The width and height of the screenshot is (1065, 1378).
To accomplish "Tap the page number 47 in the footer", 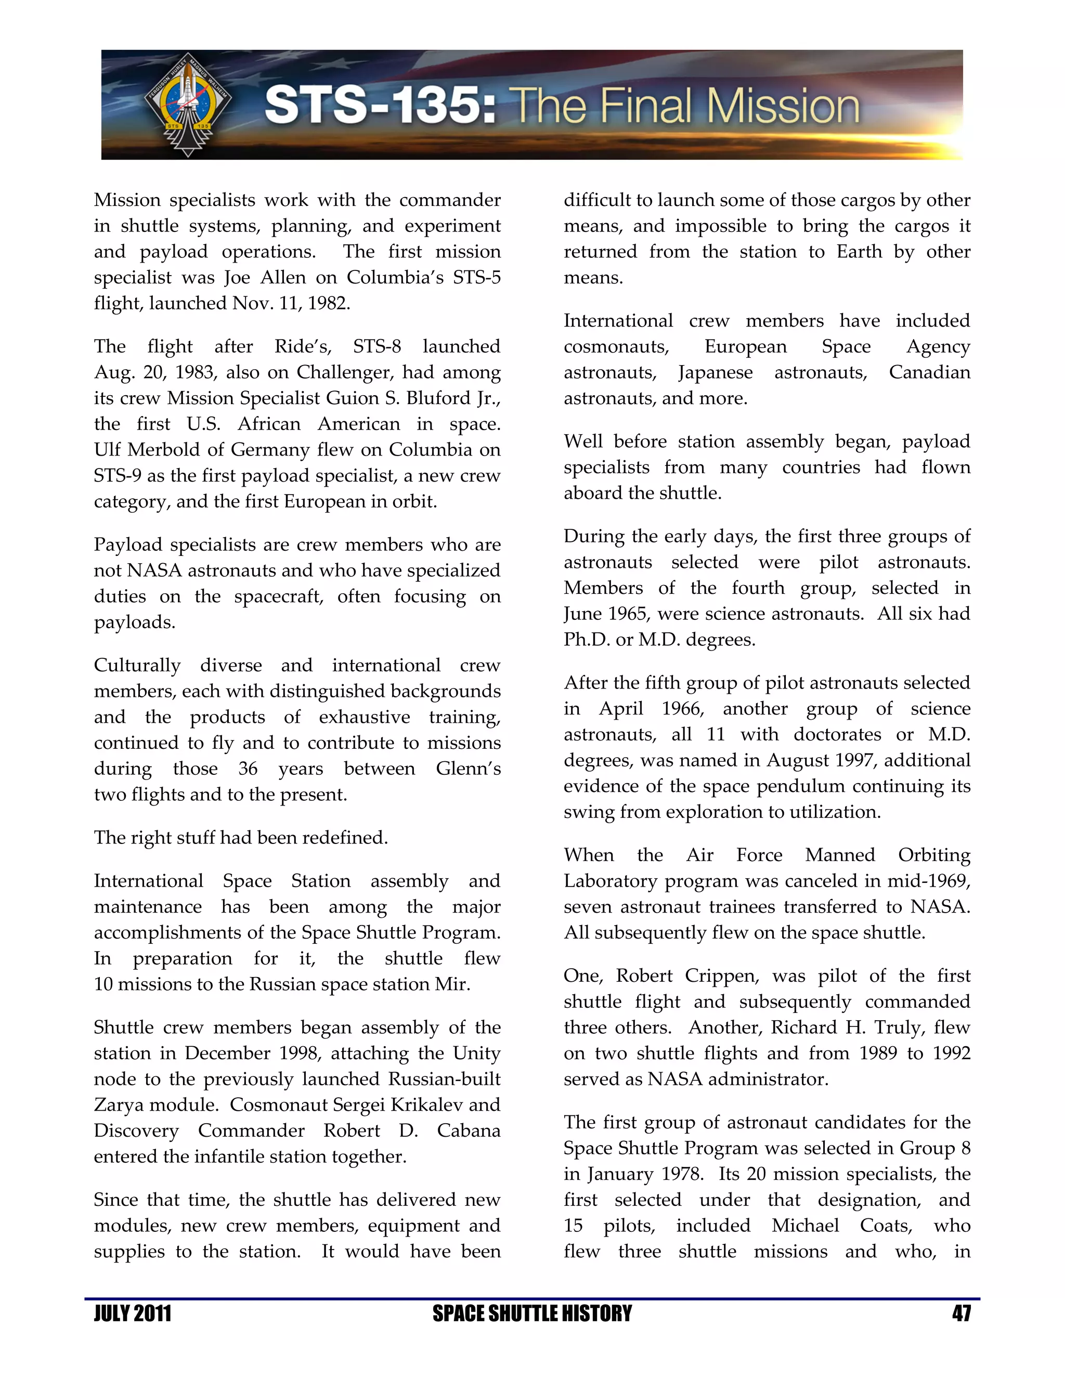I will [961, 1314].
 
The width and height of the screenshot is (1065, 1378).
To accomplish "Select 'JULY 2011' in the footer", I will [133, 1314].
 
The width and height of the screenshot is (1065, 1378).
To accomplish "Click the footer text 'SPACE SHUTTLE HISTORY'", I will [532, 1314].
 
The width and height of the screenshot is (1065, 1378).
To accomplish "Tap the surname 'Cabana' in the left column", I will [468, 1130].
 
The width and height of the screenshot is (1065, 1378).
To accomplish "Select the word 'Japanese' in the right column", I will [716, 373].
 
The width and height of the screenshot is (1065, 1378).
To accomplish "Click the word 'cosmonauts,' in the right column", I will [616, 347].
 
